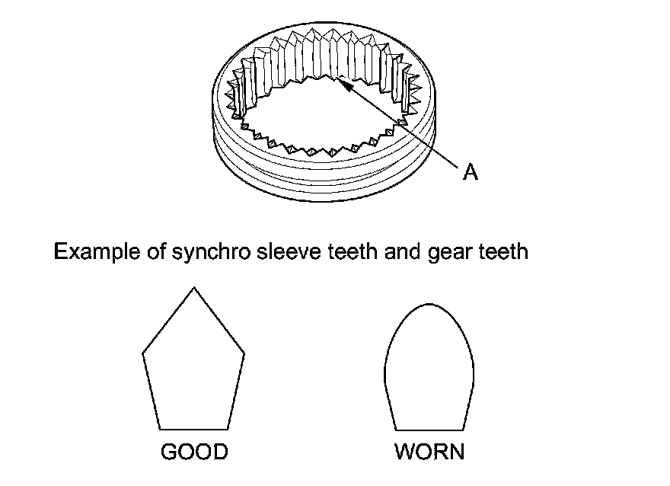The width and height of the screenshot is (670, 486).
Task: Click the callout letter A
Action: [x=471, y=173]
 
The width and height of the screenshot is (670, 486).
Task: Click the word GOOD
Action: [x=194, y=452]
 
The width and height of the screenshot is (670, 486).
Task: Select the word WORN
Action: [x=429, y=452]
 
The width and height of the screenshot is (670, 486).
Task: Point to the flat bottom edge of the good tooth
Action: [x=194, y=428]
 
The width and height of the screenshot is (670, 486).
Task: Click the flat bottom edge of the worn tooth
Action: [x=429, y=428]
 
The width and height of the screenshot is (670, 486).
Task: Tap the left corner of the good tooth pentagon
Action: [x=144, y=353]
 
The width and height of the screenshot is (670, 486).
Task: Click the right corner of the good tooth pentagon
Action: [x=244, y=353]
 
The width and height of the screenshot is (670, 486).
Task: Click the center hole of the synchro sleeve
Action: [x=320, y=114]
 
